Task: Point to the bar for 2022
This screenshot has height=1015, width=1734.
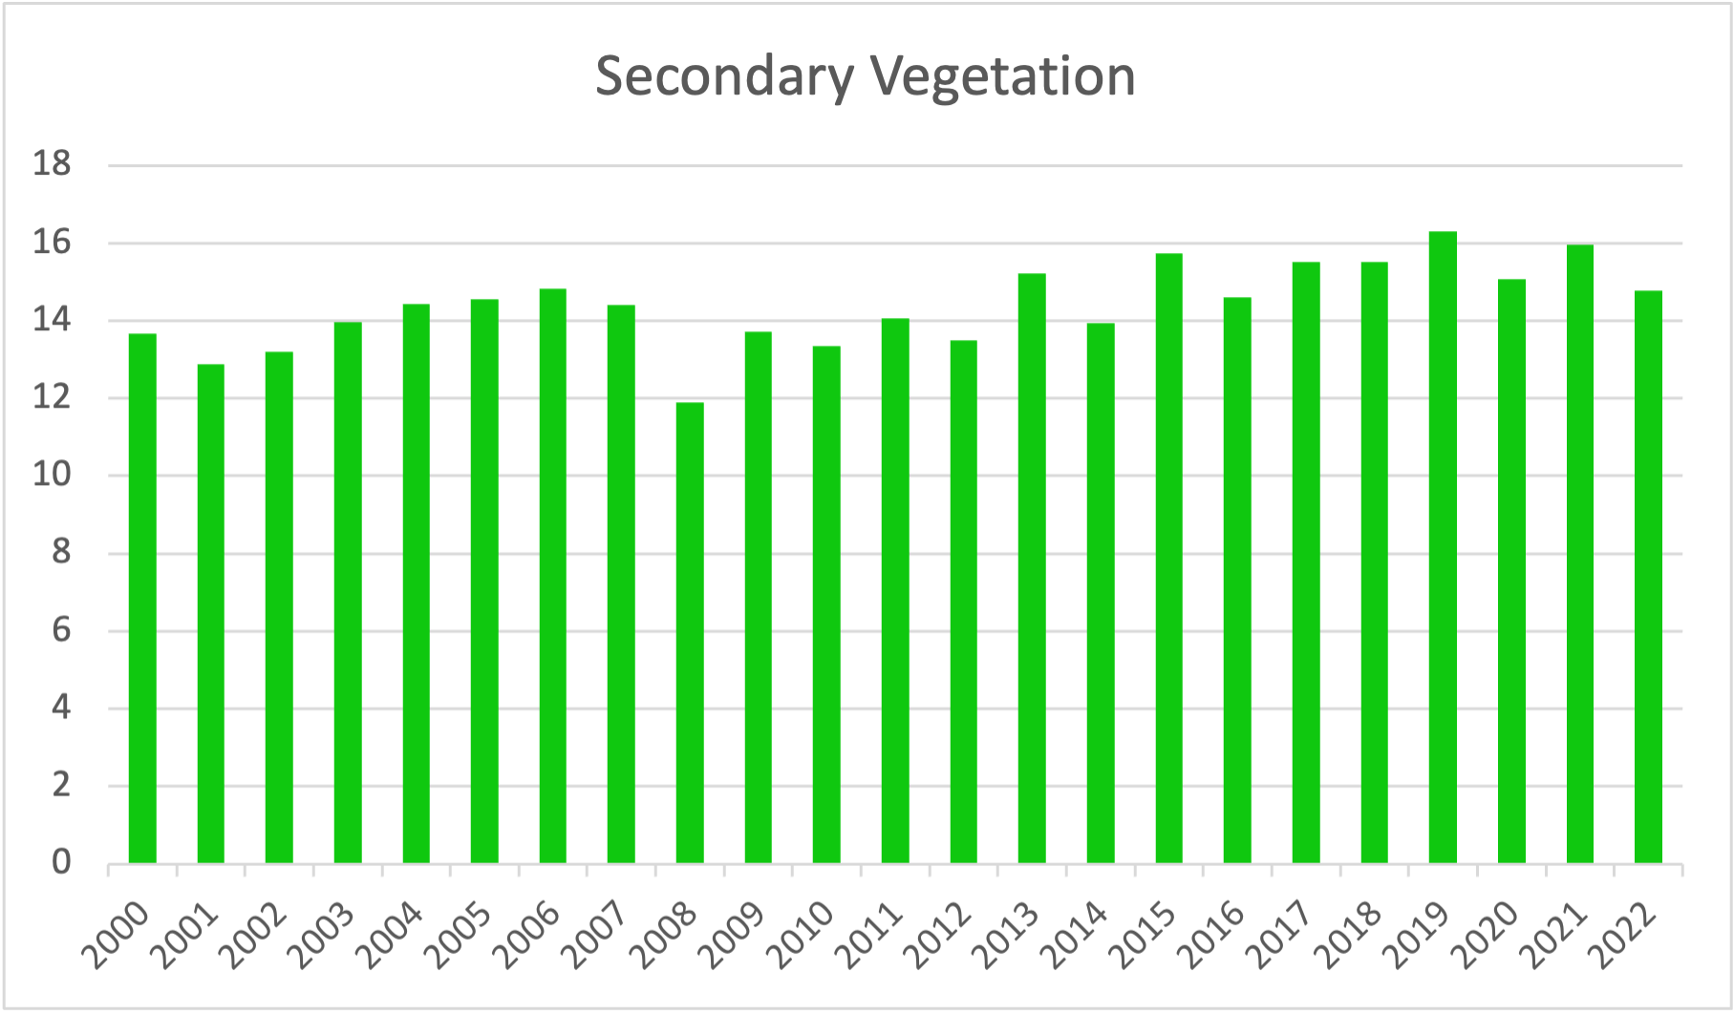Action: pyautogui.click(x=1648, y=577)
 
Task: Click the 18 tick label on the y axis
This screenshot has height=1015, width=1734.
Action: pyautogui.click(x=52, y=165)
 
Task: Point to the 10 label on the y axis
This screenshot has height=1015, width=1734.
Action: pyautogui.click(x=52, y=476)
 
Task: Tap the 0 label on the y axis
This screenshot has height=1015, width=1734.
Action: pyautogui.click(x=61, y=862)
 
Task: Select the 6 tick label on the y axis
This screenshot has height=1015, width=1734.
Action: pyautogui.click(x=61, y=630)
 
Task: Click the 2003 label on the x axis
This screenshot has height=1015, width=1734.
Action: pyautogui.click(x=326, y=937)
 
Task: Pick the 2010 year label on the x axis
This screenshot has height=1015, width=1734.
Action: pyautogui.click(x=805, y=937)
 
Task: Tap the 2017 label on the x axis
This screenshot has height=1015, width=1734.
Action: pyautogui.click(x=1284, y=937)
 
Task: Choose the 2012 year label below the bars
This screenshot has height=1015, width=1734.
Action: pyautogui.click(x=942, y=937)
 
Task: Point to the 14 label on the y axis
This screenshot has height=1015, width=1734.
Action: pyautogui.click(x=52, y=320)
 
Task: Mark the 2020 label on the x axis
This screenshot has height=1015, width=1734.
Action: pyautogui.click(x=1489, y=937)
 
